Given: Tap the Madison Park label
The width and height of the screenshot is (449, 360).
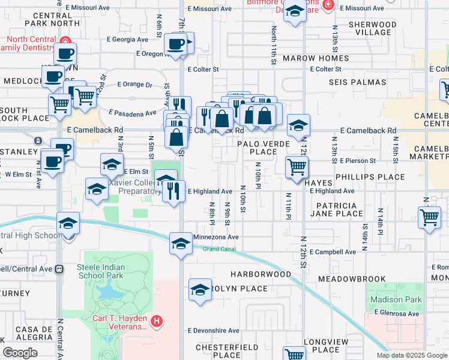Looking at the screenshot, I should pos(394,299).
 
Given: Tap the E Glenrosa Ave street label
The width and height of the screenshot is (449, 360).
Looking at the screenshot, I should pos(396,313).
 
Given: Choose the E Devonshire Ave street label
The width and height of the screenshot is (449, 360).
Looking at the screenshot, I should pos(213,331).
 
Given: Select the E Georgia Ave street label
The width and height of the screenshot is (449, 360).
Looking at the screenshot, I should pos(126,39).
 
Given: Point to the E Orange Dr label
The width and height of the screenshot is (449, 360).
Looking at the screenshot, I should pos(135,85).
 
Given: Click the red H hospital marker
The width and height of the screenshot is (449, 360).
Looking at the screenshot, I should pos(157,322).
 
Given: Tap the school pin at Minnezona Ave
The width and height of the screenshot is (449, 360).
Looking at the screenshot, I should pos(180,243).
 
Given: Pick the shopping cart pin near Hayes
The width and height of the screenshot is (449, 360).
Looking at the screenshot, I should pos(297,166).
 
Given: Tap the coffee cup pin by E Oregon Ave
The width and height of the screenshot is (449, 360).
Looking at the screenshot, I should pos(176,43).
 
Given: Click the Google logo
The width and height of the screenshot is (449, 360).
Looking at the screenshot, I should pos(20,353).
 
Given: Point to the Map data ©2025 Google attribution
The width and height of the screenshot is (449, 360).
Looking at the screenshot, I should pos(411,355).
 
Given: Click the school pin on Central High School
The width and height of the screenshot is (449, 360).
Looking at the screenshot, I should pos(68,223).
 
